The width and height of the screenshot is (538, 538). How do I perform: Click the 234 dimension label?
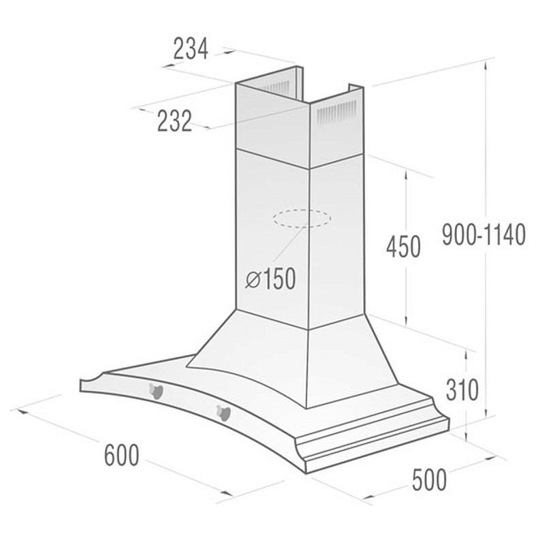[x=190, y=49]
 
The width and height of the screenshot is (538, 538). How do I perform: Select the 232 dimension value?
[x=174, y=121]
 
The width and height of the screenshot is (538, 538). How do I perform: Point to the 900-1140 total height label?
[x=484, y=235]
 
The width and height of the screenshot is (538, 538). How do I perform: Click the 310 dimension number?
[x=463, y=390]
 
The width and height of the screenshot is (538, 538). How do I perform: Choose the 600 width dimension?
[x=122, y=455]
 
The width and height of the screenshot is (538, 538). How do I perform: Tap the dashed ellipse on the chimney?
[x=301, y=219]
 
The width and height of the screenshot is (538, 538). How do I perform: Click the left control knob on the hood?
[x=156, y=390]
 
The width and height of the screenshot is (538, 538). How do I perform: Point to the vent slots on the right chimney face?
[x=337, y=110]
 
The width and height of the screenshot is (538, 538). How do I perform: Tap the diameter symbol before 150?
[x=252, y=280]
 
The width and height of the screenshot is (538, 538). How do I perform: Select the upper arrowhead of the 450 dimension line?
[x=407, y=174]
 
